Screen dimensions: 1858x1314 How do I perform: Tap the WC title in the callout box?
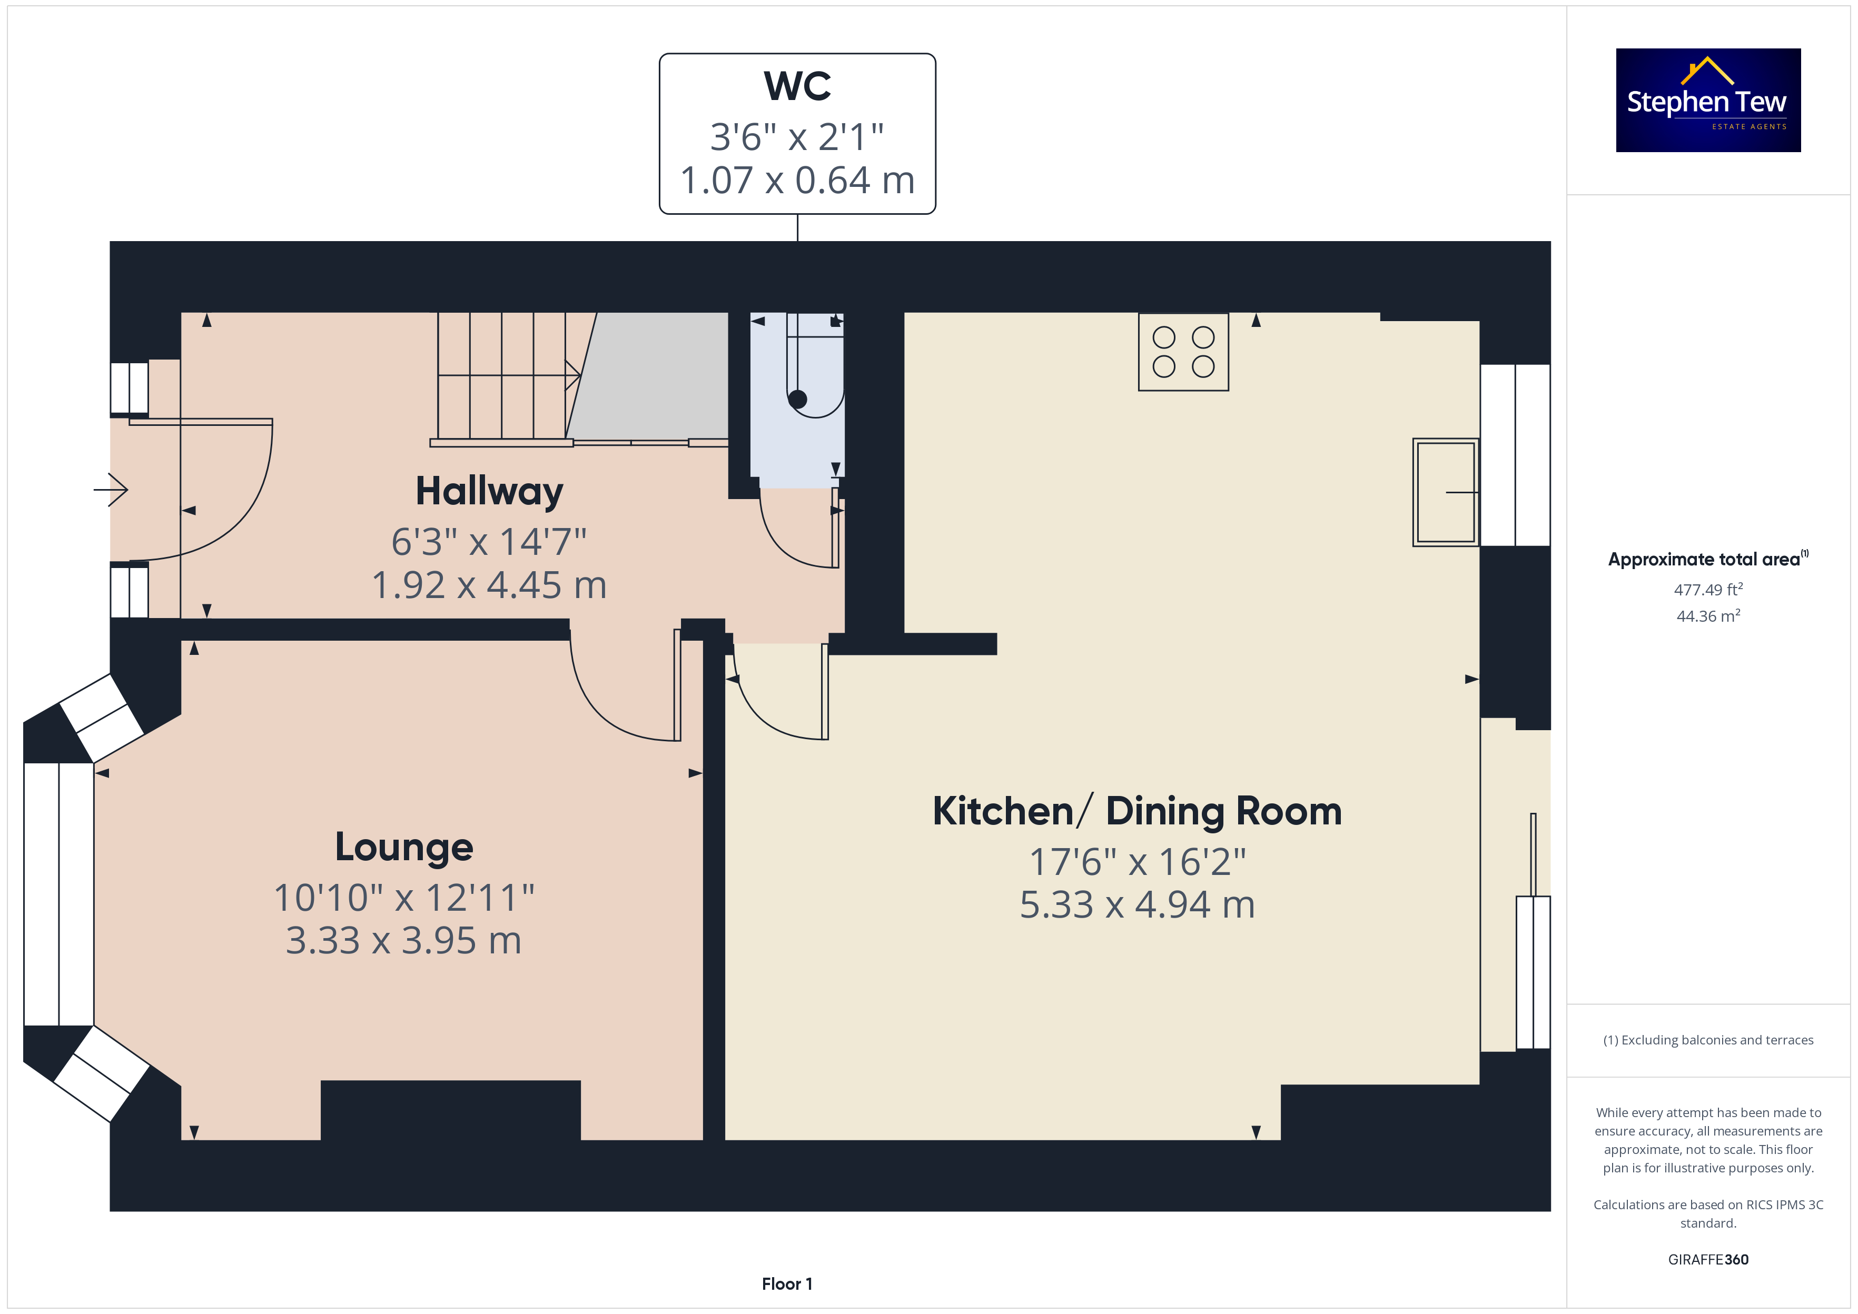(797, 86)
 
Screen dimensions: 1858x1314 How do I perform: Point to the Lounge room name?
(404, 848)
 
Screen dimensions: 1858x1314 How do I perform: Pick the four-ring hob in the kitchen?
(1183, 352)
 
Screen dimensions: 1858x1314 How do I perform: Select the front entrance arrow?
(111, 490)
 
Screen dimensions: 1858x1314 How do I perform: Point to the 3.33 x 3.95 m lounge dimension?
(404, 940)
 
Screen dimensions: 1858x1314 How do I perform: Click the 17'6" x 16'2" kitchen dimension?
(1137, 862)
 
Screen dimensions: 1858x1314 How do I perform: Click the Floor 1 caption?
(787, 1283)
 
